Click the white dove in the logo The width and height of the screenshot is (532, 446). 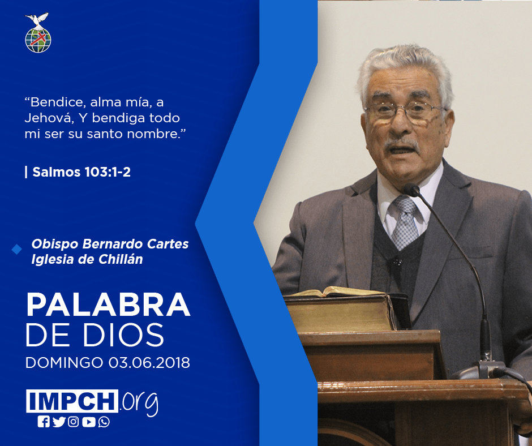click(x=37, y=20)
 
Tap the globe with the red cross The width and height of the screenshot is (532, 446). click(x=38, y=40)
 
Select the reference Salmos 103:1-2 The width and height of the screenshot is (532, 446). click(x=81, y=172)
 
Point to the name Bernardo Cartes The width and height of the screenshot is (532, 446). click(x=135, y=244)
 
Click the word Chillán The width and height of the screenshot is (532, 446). click(x=121, y=259)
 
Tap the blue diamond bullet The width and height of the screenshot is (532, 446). click(x=16, y=250)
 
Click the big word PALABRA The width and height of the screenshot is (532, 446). click(x=108, y=305)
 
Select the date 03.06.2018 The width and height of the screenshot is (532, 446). click(x=149, y=363)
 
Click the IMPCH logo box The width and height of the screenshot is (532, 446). click(x=72, y=401)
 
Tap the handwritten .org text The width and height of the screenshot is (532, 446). click(x=139, y=402)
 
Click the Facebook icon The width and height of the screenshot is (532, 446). click(x=44, y=422)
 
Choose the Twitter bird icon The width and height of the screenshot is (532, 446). click(x=59, y=422)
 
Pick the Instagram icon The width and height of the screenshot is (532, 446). click(x=73, y=422)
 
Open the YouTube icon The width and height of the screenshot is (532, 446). click(x=88, y=422)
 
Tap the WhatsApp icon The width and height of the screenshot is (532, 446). click(x=104, y=422)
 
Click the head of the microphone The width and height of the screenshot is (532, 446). click(x=412, y=190)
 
